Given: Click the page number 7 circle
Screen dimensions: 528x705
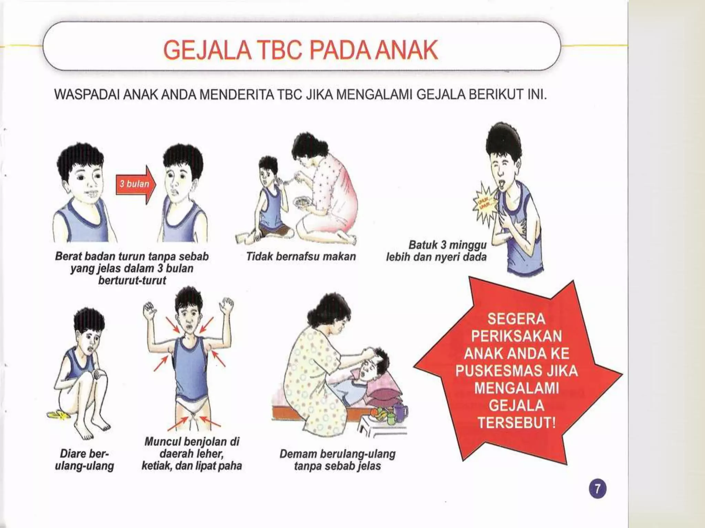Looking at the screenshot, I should [x=598, y=489].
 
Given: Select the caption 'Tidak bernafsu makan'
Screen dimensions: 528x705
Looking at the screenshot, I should [x=301, y=257].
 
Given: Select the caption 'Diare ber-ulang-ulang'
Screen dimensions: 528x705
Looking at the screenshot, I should [x=84, y=460].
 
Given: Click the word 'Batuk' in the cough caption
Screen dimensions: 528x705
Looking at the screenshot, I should [x=422, y=245].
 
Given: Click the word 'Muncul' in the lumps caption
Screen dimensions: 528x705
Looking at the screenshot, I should [x=162, y=442].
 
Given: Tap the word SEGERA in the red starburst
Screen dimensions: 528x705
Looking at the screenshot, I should [x=516, y=319].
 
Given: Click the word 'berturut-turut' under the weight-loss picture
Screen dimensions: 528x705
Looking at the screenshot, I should [x=132, y=280].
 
